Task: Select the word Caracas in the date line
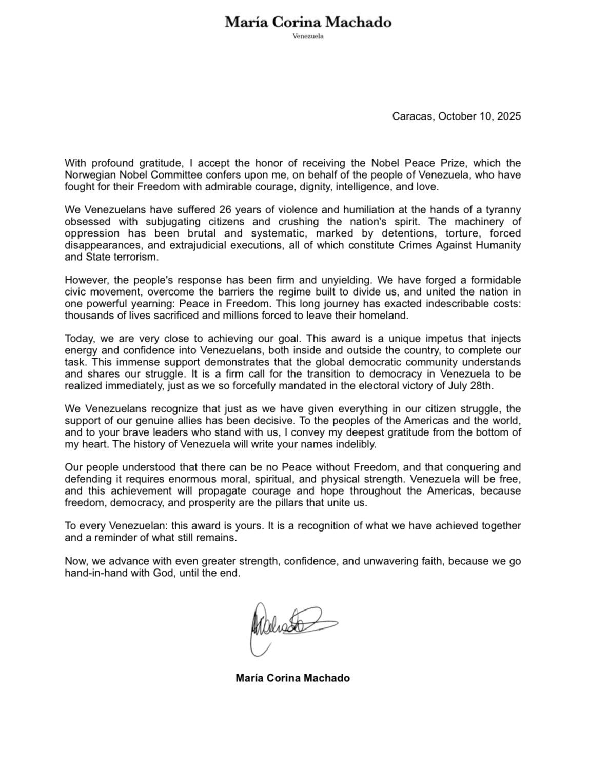click(411, 116)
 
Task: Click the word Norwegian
click(89, 175)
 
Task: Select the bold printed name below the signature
click(293, 678)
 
